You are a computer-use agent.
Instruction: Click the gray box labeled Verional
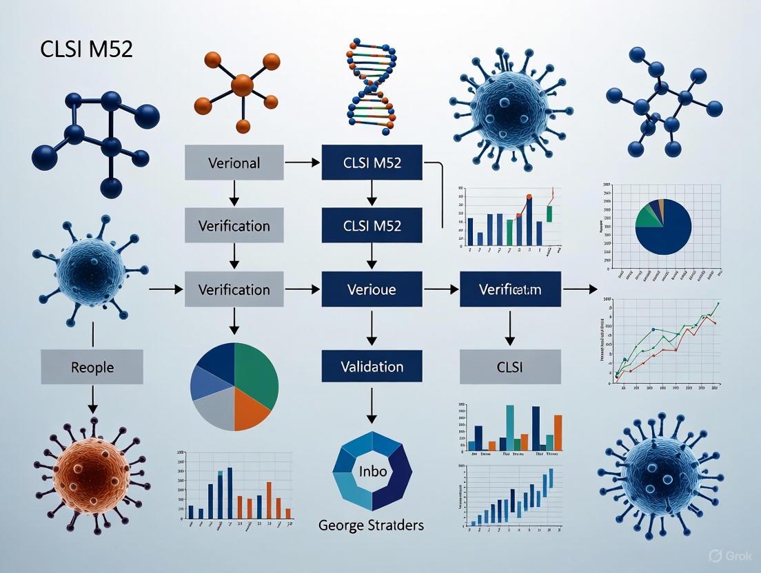pyautogui.click(x=234, y=163)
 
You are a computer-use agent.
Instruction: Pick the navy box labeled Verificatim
pyautogui.click(x=510, y=289)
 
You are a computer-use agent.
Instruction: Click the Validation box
pyautogui.click(x=372, y=366)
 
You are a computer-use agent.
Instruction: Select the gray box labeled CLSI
pyautogui.click(x=510, y=366)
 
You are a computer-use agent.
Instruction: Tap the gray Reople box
pyautogui.click(x=92, y=366)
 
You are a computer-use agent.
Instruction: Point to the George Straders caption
pyautogui.click(x=372, y=525)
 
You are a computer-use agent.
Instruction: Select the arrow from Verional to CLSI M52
pyautogui.click(x=302, y=163)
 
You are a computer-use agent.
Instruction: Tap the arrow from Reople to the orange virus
pyautogui.click(x=92, y=399)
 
